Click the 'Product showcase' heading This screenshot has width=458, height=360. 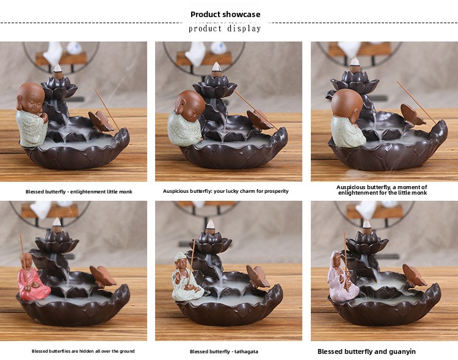pyautogui.click(x=225, y=14)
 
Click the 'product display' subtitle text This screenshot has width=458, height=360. pyautogui.click(x=225, y=29)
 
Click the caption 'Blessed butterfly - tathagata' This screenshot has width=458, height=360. pyautogui.click(x=224, y=351)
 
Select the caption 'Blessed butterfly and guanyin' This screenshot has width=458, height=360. pyautogui.click(x=366, y=351)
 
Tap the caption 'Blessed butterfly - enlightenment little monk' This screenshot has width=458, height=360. pyautogui.click(x=79, y=192)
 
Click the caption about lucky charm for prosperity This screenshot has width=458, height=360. pyautogui.click(x=225, y=191)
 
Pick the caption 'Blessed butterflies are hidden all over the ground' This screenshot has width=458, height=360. pyautogui.click(x=83, y=351)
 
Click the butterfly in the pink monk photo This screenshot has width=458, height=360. pyautogui.click(x=103, y=276)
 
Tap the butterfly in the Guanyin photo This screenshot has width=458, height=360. pyautogui.click(x=414, y=275)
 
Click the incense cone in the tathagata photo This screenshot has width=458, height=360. pyautogui.click(x=210, y=225)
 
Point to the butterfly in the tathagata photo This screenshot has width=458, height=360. pyautogui.click(x=257, y=276)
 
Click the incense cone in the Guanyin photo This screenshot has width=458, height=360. pyautogui.click(x=366, y=225)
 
